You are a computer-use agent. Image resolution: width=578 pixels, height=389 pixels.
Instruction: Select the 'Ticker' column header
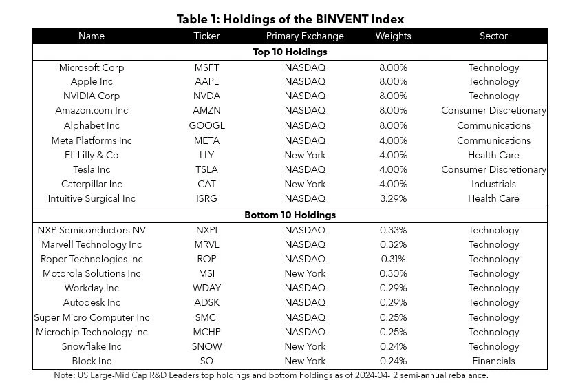pyautogui.click(x=206, y=36)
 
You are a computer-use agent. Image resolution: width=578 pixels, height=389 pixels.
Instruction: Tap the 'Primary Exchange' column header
pyautogui.click(x=305, y=36)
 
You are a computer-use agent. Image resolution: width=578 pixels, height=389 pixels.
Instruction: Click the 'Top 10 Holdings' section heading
pyautogui.click(x=290, y=52)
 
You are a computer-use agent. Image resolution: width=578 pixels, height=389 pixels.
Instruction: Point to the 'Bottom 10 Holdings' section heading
pyautogui.click(x=290, y=215)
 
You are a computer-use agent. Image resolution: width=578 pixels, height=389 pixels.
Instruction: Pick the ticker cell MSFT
pyautogui.click(x=206, y=67)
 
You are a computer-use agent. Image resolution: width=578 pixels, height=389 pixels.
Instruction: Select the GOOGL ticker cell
pyautogui.click(x=206, y=125)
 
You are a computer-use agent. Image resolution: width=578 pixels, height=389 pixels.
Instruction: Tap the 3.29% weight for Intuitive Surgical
pyautogui.click(x=394, y=198)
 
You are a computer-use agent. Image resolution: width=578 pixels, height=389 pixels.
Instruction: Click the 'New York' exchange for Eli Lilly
pyautogui.click(x=305, y=155)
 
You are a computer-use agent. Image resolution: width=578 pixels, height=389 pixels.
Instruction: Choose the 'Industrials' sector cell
pyautogui.click(x=493, y=184)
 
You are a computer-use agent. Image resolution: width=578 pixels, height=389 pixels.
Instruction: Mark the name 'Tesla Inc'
pyautogui.click(x=92, y=169)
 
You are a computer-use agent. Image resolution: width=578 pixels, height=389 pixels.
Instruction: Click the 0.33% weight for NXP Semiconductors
pyautogui.click(x=394, y=230)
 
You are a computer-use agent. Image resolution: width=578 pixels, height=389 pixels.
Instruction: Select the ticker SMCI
pyautogui.click(x=206, y=317)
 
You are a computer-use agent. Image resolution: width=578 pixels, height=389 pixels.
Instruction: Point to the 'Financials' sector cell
pyautogui.click(x=493, y=361)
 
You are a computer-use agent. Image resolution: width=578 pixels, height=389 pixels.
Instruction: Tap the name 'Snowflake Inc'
pyautogui.click(x=92, y=346)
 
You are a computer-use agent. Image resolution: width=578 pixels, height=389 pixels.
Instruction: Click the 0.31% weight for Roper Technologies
pyautogui.click(x=394, y=259)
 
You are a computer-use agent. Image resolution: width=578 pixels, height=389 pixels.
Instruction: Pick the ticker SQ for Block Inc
pyautogui.click(x=206, y=361)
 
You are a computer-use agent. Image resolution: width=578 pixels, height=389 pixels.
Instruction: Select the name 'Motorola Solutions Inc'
pyautogui.click(x=92, y=273)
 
